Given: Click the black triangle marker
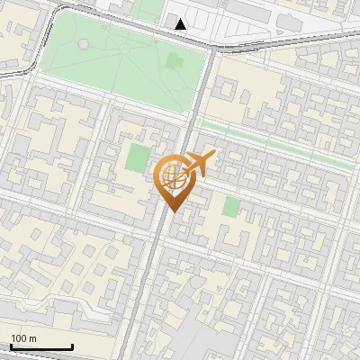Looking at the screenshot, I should pyautogui.click(x=182, y=24).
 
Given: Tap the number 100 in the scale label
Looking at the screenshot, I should pyautogui.click(x=19, y=338).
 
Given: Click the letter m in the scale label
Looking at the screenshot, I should pyautogui.click(x=32, y=338).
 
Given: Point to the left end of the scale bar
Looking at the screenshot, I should pyautogui.click(x=12, y=347).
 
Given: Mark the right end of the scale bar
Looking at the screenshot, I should pyautogui.click(x=73, y=347).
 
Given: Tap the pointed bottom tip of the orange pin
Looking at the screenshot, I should pyautogui.click(x=171, y=212).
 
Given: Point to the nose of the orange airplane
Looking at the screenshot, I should pyautogui.click(x=214, y=156).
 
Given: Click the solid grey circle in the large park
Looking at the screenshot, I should pyautogui.click(x=84, y=43).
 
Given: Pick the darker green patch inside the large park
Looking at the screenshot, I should pyautogui.click(x=174, y=60).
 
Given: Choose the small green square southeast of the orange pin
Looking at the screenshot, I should pyautogui.click(x=231, y=206).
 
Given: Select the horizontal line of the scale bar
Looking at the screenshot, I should pyautogui.click(x=42, y=347).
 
